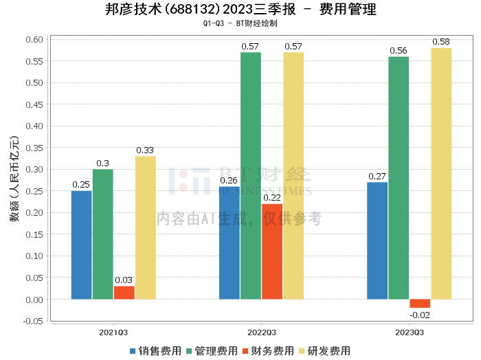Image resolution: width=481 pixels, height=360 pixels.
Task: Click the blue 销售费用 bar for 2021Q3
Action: [82, 245]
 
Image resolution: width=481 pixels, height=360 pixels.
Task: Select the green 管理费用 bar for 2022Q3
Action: [251, 175]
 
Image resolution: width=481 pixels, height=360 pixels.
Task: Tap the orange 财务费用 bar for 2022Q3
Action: [272, 251]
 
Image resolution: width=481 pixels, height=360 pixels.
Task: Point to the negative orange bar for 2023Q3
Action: [420, 304]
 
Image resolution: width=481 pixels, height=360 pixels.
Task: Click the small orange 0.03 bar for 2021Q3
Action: [124, 293]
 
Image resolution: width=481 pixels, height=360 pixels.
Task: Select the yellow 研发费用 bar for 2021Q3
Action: [146, 227]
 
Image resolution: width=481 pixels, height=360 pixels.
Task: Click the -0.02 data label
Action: [420, 315]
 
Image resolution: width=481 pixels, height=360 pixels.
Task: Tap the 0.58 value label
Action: [441, 42]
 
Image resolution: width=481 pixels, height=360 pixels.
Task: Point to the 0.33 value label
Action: [146, 150]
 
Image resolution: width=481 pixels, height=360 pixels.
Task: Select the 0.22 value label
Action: [272, 198]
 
